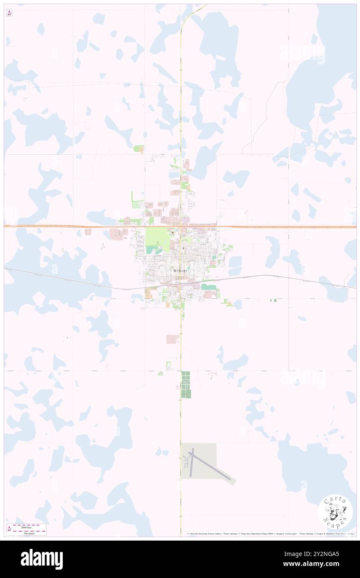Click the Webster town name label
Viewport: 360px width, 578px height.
click(x=180, y=270)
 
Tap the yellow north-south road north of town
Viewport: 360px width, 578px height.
click(x=181, y=83)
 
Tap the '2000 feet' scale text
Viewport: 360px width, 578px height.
click(x=29, y=526)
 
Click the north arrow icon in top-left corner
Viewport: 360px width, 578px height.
click(x=9, y=13)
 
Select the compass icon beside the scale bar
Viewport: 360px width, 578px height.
click(x=9, y=529)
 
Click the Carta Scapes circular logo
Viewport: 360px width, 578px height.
click(x=335, y=513)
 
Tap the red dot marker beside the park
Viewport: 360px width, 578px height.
click(x=173, y=232)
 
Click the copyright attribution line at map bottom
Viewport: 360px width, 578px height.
click(x=270, y=534)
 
